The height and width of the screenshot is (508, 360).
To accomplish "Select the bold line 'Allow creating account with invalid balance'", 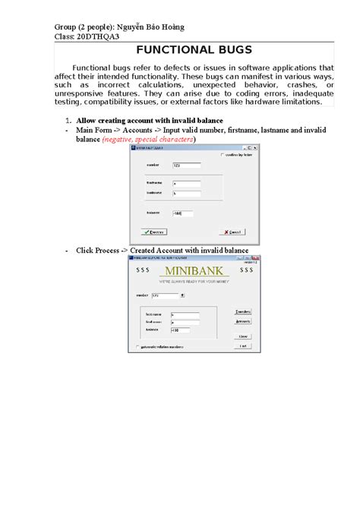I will [x=149, y=121].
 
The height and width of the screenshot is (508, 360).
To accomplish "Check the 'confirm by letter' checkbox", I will [x=221, y=155].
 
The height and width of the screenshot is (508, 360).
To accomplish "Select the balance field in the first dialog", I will [x=182, y=213].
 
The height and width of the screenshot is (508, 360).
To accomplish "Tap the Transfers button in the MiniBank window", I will [x=243, y=311].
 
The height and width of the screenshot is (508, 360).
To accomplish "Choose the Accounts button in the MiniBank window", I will [x=243, y=321].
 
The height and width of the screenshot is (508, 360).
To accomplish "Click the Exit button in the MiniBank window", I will [x=243, y=346].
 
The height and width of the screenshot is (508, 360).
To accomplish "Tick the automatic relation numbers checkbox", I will [x=137, y=347].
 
